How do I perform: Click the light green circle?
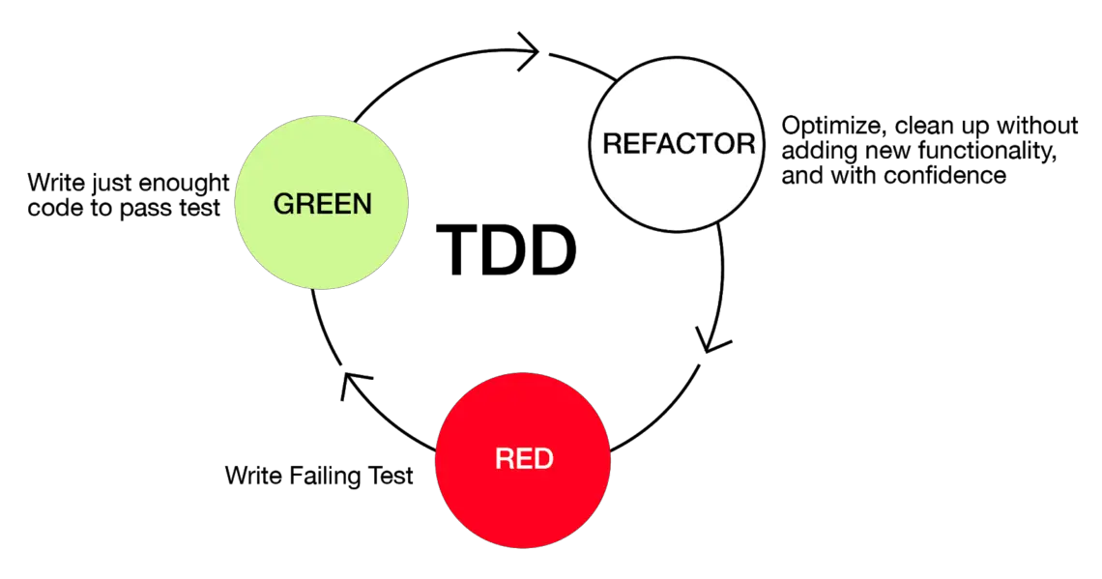click(x=321, y=242)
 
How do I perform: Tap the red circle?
click(x=522, y=503)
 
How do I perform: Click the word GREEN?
click(x=322, y=204)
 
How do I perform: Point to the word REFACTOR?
click(x=678, y=144)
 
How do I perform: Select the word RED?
click(x=524, y=458)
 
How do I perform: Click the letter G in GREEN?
click(x=284, y=204)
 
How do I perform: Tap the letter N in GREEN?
click(x=362, y=204)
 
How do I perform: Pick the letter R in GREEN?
click(x=304, y=204)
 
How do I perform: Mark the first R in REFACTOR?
click(x=612, y=144)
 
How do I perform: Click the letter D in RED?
click(x=543, y=458)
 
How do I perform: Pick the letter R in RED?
click(x=505, y=458)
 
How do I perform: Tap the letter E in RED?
click(x=524, y=458)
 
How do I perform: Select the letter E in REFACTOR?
click(x=630, y=144)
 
